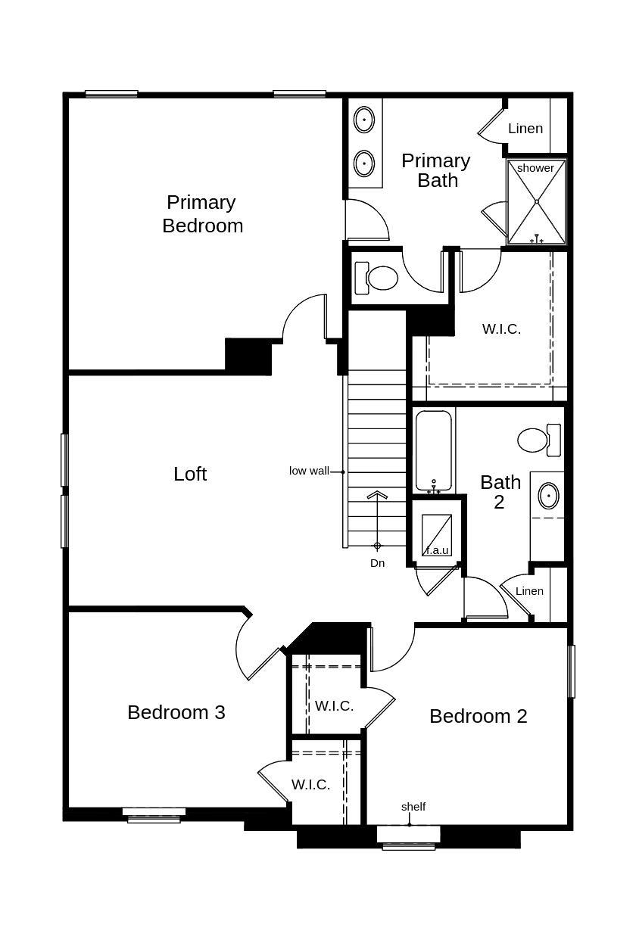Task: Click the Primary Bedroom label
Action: pos(202,214)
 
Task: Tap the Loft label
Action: pos(190,474)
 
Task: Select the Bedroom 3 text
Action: pos(176,712)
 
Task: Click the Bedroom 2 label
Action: pos(478,716)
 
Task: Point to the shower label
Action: pos(535,168)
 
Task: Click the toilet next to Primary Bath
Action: pos(378,278)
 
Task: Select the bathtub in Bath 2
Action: pos(433,451)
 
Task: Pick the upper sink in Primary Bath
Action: pos(364,120)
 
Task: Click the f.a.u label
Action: pos(437,550)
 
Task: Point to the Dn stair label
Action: pos(377,563)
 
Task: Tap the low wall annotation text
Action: pos(309,471)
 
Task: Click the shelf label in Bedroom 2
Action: pos(413,807)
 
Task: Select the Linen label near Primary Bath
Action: pos(525,129)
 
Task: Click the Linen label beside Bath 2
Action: pos(529,591)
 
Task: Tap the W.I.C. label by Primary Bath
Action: pos(501,329)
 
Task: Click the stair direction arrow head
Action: pos(377,496)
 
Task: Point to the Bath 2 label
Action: pos(500,492)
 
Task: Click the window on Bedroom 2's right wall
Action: pos(572,671)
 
